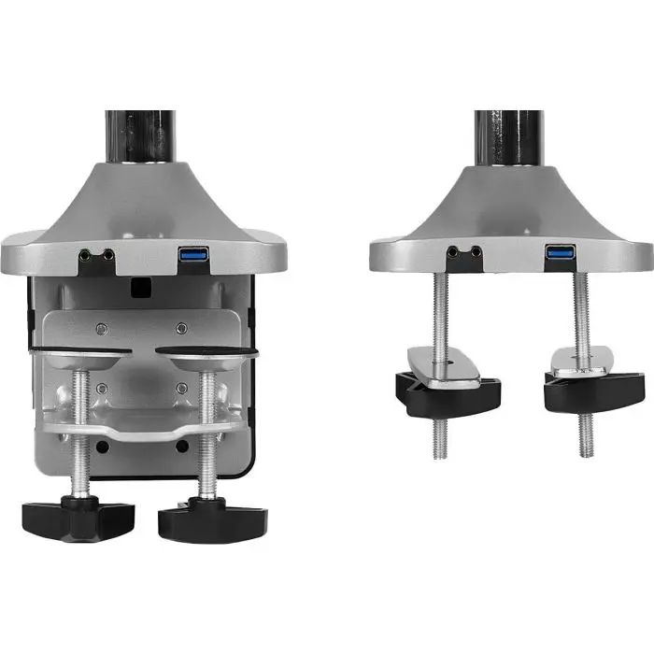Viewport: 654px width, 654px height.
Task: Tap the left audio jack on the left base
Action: [x=87, y=253]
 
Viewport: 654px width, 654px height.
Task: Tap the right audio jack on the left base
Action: [x=108, y=253]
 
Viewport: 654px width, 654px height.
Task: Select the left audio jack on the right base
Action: [x=455, y=250]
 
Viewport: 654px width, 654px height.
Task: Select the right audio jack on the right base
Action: [x=476, y=250]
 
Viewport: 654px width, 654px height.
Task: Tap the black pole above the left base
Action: [x=139, y=135]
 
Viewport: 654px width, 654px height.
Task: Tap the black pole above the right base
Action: [x=508, y=135]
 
